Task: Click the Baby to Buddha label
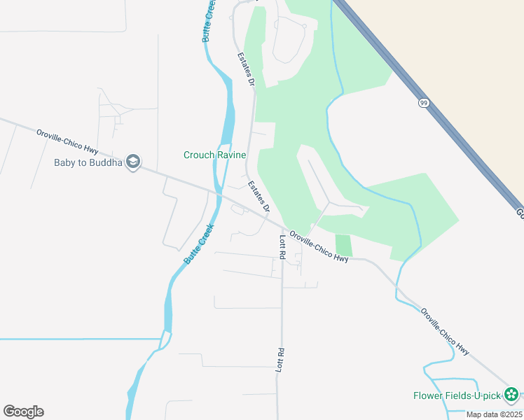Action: click(x=88, y=163)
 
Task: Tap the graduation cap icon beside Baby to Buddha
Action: click(x=133, y=162)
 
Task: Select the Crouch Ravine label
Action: click(x=214, y=155)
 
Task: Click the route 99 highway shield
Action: click(x=424, y=103)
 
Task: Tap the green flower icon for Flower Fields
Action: click(x=512, y=395)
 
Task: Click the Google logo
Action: click(x=23, y=412)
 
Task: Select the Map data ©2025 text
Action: click(x=493, y=414)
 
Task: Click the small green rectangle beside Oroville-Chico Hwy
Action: click(x=343, y=245)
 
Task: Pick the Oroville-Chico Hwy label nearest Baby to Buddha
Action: click(x=68, y=138)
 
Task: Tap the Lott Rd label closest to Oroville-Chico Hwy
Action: click(x=282, y=247)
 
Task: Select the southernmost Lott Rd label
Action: click(x=280, y=358)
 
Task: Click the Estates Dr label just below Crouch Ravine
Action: click(x=258, y=196)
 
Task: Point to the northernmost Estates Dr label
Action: click(x=245, y=69)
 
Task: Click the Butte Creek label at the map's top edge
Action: click(x=208, y=21)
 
